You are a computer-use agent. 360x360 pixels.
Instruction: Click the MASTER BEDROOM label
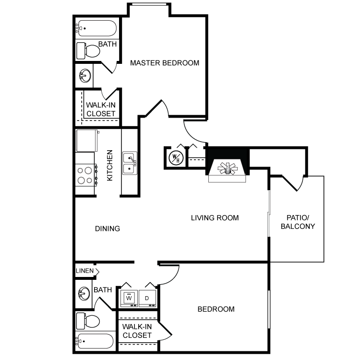tap(165, 63)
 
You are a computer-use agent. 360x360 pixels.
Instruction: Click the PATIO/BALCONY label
tap(298, 222)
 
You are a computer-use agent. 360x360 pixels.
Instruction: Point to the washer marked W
tap(128, 298)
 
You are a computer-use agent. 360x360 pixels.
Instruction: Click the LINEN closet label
tap(85, 272)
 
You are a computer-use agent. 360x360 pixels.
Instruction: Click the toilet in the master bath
tap(89, 49)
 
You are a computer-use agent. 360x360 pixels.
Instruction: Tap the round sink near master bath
tap(85, 75)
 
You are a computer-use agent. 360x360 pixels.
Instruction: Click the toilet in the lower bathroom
tap(89, 320)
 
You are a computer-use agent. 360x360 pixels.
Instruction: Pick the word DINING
tap(108, 228)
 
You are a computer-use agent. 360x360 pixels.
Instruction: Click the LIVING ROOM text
tap(215, 218)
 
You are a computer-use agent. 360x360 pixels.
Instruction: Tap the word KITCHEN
tap(110, 165)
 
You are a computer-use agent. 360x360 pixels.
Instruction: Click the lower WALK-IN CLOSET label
tap(137, 331)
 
